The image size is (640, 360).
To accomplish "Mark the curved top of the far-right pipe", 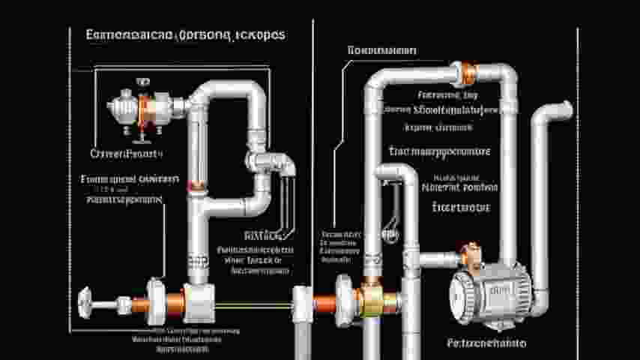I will point(554,109).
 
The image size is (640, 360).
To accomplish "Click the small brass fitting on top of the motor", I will point(471,251).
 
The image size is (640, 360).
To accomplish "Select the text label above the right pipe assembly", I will point(383,50).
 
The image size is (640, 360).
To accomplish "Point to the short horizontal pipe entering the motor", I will point(438,259).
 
